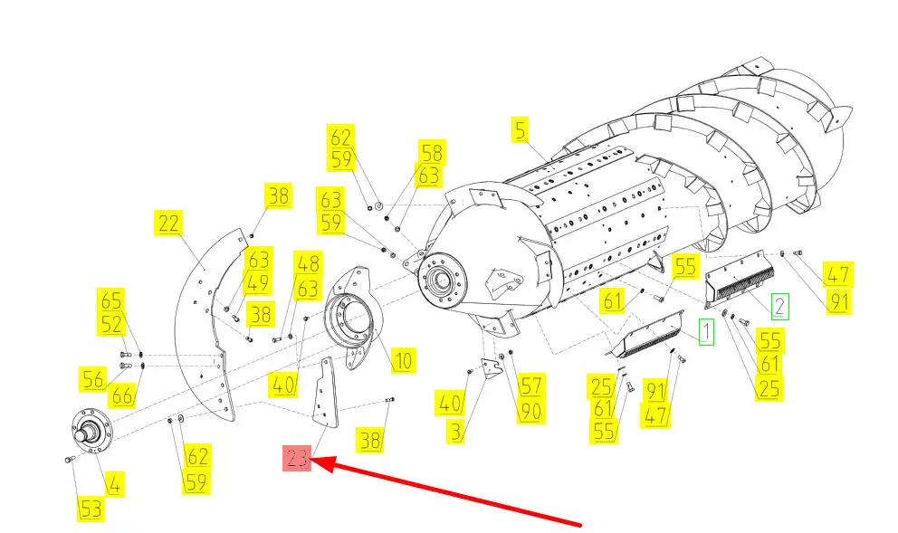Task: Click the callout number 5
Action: [520, 130]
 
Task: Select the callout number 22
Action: [168, 224]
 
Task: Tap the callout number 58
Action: [432, 153]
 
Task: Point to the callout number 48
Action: [308, 263]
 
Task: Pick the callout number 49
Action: [258, 283]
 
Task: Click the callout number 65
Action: [111, 301]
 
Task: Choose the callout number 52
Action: [111, 325]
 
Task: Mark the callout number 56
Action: [92, 379]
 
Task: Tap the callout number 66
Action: [122, 395]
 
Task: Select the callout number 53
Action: [91, 509]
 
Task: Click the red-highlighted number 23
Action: [297, 459]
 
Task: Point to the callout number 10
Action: [404, 361]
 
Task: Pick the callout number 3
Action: [455, 431]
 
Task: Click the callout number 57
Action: [530, 385]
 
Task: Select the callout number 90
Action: [530, 411]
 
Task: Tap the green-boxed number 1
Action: [706, 332]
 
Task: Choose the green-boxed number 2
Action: [779, 307]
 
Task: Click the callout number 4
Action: [115, 485]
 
